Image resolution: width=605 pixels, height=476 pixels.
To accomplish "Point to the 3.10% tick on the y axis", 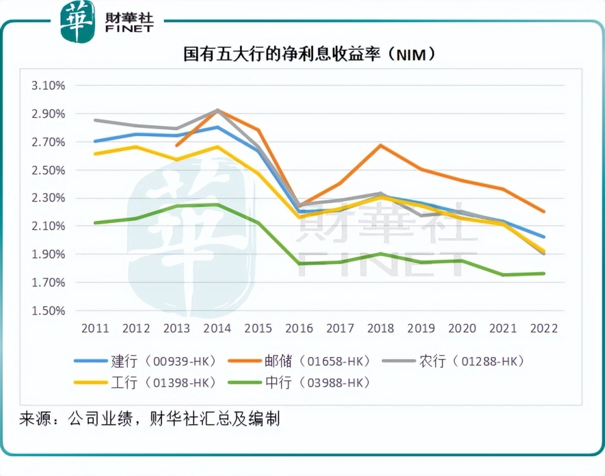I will pyautogui.click(x=48, y=86).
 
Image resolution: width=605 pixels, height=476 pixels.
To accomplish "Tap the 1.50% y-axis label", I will pyautogui.click(x=48, y=311).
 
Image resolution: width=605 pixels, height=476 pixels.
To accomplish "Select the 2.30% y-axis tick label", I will pyautogui.click(x=48, y=198).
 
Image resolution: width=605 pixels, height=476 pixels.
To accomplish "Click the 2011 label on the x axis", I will pyautogui.click(x=95, y=329).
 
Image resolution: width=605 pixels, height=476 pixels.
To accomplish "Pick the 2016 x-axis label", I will pyautogui.click(x=299, y=329).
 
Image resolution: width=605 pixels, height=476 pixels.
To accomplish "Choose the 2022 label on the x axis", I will pyautogui.click(x=544, y=329).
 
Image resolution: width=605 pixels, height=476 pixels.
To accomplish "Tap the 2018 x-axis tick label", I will pyautogui.click(x=381, y=329).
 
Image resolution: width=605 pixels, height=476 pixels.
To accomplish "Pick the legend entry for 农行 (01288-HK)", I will pyautogui.click(x=463, y=361).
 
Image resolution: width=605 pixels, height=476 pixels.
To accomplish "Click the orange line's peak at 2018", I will pyautogui.click(x=381, y=145).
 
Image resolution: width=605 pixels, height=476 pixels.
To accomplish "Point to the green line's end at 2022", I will pyautogui.click(x=544, y=273).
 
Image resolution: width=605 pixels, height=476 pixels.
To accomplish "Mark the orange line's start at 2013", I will pyautogui.click(x=177, y=145).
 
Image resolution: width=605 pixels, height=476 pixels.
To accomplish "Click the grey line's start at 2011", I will pyautogui.click(x=95, y=120).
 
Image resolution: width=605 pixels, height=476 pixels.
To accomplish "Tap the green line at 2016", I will pyautogui.click(x=299, y=263).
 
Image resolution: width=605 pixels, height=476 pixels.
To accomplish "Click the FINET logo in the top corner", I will pyautogui.click(x=107, y=21).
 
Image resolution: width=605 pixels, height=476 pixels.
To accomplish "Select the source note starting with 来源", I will pyautogui.click(x=150, y=419).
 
